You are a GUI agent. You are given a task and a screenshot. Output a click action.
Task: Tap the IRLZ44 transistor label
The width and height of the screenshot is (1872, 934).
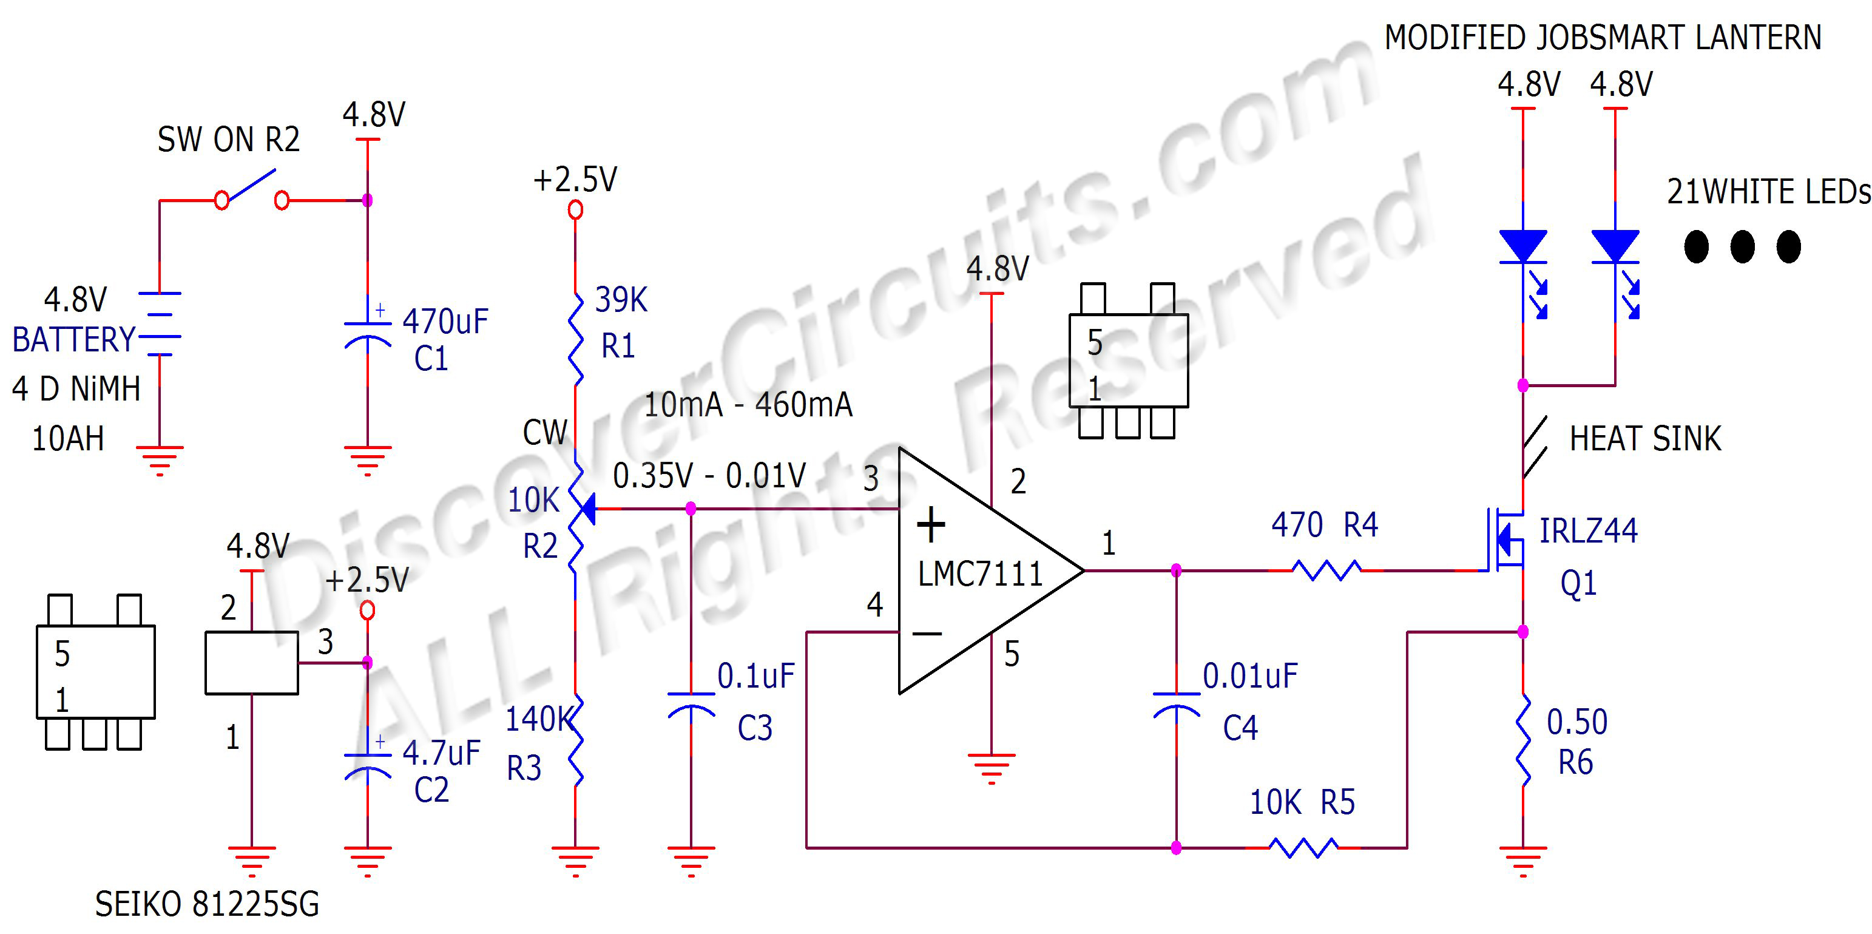coord(1589,530)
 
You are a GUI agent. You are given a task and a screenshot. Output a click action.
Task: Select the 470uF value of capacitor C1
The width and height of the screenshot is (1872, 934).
coord(445,321)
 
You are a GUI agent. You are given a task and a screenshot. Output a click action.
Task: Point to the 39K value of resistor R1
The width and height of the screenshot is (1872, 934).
coord(621,299)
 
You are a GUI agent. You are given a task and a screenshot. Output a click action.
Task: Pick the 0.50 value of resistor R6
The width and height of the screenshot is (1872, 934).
coord(1576,722)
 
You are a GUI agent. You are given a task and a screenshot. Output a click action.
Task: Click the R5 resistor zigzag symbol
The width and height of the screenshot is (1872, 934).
coord(1302,847)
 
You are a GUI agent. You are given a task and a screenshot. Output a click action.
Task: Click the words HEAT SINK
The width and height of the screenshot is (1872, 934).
coord(1645,439)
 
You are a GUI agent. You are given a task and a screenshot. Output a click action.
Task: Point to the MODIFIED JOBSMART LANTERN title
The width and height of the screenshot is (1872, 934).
coord(1603,38)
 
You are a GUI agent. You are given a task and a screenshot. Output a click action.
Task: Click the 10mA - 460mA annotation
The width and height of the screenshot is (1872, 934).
coord(748,405)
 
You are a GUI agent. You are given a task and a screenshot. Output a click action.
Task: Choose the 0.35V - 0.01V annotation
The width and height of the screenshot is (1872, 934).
coord(709,476)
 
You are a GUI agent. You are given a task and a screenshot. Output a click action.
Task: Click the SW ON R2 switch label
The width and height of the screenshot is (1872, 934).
coord(228,140)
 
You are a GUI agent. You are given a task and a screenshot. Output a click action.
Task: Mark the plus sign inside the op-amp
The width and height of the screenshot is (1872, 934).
coord(931,525)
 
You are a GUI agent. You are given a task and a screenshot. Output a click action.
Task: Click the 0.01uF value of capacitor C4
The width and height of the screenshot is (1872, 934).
coord(1250,676)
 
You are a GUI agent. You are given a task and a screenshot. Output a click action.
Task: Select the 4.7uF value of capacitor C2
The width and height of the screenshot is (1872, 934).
coord(441,753)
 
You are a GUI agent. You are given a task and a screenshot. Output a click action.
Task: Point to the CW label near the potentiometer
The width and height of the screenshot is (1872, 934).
coord(544,433)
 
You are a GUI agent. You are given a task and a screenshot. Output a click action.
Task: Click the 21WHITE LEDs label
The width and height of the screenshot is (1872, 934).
coord(1768,192)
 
